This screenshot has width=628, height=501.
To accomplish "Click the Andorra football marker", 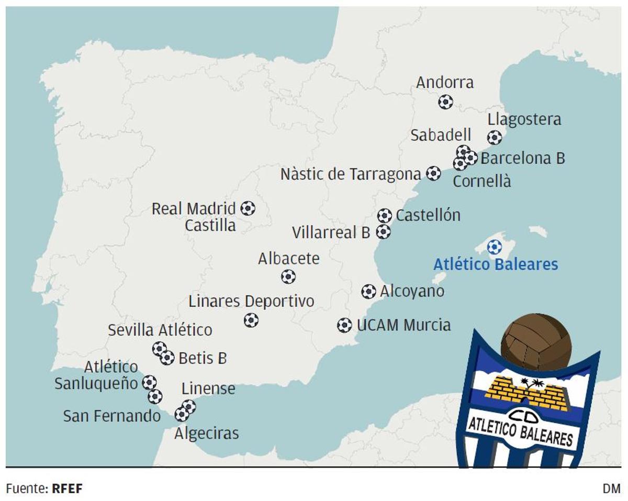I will (x=445, y=102).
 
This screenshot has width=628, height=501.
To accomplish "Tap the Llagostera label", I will (x=524, y=119).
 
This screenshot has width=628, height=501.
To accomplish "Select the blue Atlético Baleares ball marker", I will (x=494, y=247).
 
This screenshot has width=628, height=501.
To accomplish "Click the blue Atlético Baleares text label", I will (x=496, y=264).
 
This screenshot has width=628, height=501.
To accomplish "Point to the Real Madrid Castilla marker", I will (x=248, y=208).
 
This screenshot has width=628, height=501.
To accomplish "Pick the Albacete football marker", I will (x=288, y=276).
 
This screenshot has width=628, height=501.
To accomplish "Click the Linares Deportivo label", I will (x=251, y=302).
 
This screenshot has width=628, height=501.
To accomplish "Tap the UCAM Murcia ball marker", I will (x=344, y=325).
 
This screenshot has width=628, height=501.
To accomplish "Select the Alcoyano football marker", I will (x=368, y=292).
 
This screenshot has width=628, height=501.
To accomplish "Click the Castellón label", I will (x=428, y=215).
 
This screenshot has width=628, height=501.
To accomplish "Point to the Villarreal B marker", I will (x=384, y=231).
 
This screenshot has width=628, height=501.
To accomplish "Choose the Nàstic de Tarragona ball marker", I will (x=433, y=173).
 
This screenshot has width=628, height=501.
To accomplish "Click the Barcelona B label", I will (x=522, y=158).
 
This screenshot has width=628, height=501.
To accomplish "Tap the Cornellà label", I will (x=481, y=182).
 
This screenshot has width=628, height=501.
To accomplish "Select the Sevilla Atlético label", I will (x=160, y=330).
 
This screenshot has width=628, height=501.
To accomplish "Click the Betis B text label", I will (x=203, y=359).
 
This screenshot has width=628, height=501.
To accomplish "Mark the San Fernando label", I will (x=111, y=416).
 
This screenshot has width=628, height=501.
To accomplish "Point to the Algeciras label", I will (x=206, y=433).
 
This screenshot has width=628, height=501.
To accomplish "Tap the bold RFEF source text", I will (x=68, y=489).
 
